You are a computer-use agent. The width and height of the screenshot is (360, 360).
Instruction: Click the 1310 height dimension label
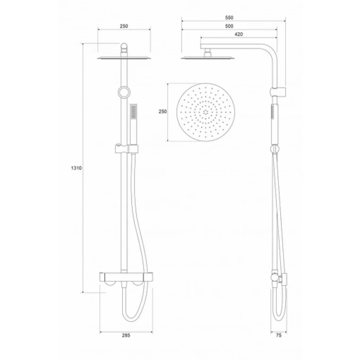tap(76, 168)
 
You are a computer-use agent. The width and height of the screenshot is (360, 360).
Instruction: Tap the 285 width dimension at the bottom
tap(126, 336)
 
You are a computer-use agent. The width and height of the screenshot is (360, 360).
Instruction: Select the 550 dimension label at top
tap(229, 18)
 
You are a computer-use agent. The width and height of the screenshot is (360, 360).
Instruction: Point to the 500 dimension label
tap(229, 26)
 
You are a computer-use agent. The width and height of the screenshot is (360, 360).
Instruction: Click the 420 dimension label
tap(239, 34)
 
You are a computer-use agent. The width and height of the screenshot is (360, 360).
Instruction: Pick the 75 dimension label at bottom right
tap(278, 336)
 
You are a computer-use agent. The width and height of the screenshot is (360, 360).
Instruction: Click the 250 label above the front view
tap(124, 26)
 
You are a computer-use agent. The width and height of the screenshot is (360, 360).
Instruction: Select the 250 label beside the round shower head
tap(162, 112)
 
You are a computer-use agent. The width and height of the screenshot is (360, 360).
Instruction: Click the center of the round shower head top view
tap(205, 112)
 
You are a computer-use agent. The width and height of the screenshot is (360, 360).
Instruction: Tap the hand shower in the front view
tap(133, 124)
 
